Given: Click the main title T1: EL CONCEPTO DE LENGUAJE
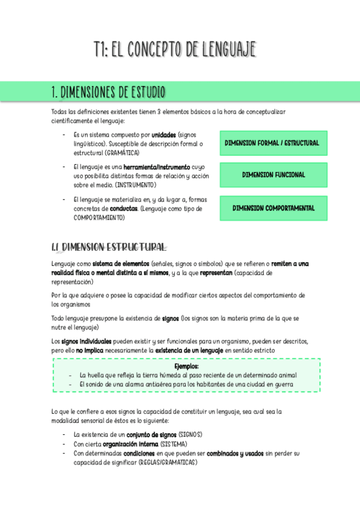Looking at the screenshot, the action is [175, 49].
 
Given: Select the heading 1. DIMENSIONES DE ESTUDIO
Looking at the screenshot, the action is [108, 92].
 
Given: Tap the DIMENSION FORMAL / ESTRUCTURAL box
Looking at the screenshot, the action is [273, 143].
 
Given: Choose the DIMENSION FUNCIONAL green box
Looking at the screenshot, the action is [273, 175].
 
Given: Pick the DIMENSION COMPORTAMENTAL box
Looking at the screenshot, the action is [273, 208].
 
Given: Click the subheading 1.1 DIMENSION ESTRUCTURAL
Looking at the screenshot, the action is [109, 247].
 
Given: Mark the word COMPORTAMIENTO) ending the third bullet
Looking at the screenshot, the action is [99, 217].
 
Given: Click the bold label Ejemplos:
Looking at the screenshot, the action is [186, 366].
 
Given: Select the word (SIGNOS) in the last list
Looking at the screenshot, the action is [190, 434].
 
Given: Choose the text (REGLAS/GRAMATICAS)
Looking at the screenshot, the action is [168, 462].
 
